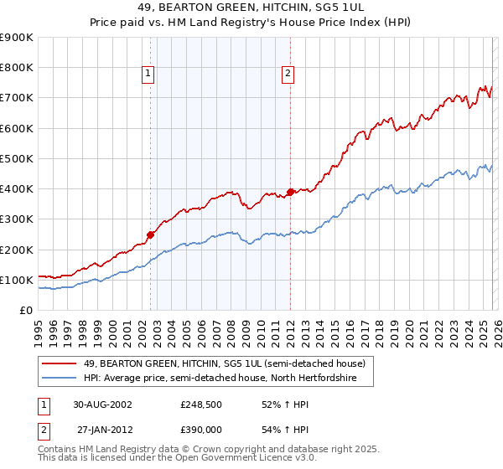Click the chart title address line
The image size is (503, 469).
click(251, 8)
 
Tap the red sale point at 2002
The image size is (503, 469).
click(151, 234)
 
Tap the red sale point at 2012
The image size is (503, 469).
click(290, 192)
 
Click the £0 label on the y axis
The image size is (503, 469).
click(25, 310)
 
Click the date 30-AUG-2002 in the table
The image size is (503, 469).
click(102, 404)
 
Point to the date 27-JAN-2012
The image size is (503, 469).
click(102, 429)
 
